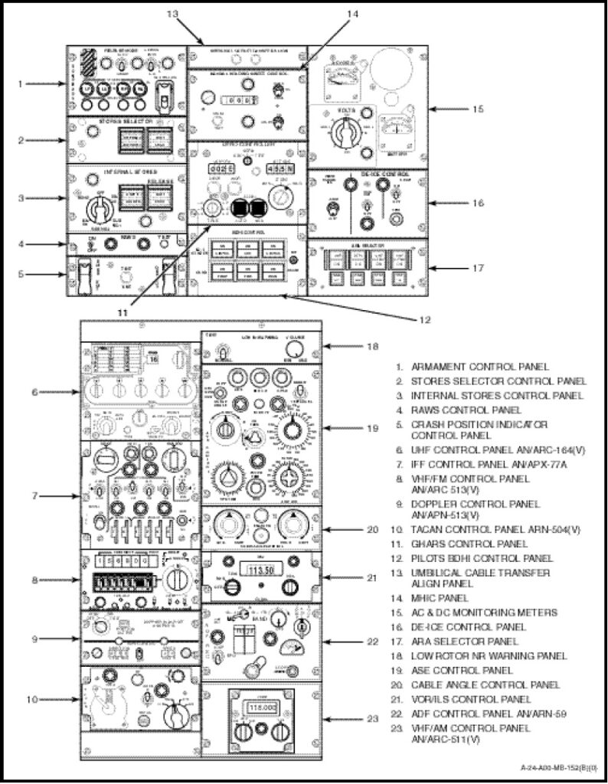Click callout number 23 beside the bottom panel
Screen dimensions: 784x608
pyautogui.click(x=372, y=718)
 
